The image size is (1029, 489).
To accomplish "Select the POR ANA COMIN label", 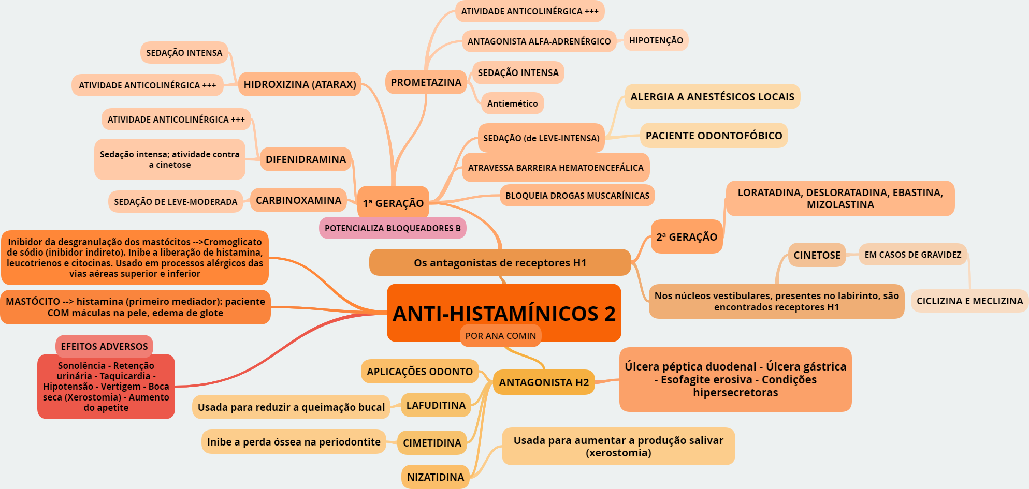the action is coord(500,336).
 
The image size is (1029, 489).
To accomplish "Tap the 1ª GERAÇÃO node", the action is coord(393,203).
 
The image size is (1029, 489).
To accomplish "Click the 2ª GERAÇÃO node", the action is coord(687,237).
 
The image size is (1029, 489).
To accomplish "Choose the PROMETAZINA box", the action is coord(426,82).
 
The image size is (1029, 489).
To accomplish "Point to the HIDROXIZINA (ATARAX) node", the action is coord(299,84).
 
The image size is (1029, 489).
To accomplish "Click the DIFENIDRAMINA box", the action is coord(306,159).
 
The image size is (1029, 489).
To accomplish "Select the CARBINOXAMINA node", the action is coord(298,200).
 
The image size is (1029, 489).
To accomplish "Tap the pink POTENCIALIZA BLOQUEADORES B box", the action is coord(393,228).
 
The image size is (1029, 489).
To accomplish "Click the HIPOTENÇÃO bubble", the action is coord(656,40).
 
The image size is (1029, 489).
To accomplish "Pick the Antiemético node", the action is coord(512,103).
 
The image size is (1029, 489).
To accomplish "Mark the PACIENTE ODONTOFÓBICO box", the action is coord(714,136).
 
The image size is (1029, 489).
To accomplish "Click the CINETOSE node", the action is coord(817,255).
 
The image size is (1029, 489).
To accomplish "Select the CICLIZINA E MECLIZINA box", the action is coord(969,301).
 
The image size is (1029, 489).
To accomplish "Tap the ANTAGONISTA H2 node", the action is coord(544,382).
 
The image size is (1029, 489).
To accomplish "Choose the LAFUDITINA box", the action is coord(436,405).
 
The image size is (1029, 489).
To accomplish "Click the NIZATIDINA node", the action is coord(435,477).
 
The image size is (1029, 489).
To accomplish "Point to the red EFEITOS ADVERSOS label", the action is coord(104,346).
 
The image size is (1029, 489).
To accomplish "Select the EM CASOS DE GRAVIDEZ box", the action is coord(912,255).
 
